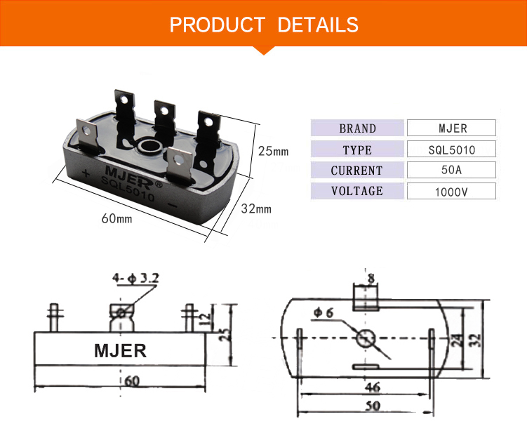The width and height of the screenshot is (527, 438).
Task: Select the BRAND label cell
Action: [357, 128]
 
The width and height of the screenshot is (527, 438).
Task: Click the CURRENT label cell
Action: [357, 170]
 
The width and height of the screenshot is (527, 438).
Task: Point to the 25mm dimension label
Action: [273, 151]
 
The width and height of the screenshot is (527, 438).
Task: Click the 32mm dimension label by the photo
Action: [256, 208]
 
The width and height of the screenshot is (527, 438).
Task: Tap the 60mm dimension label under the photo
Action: [116, 218]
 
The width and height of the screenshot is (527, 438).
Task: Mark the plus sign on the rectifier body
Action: [85, 173]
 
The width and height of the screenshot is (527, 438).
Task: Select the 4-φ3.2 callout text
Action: [135, 279]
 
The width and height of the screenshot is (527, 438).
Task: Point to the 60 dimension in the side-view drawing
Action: [132, 381]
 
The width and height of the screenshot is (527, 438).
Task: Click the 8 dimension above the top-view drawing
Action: [371, 279]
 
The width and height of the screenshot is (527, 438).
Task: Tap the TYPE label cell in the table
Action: [357, 150]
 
